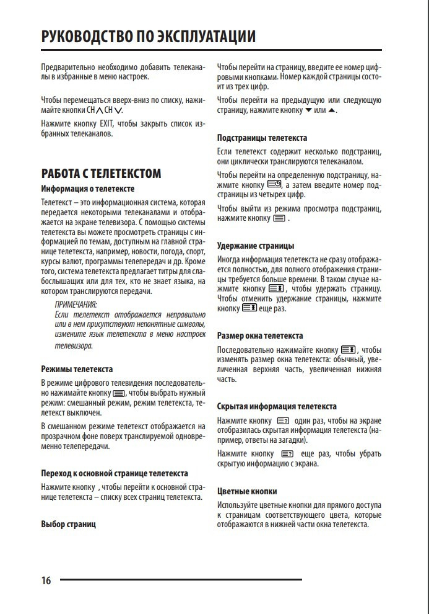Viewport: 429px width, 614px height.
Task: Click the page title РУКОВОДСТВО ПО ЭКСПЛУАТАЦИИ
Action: point(148,37)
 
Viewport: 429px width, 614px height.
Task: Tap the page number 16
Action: point(46,581)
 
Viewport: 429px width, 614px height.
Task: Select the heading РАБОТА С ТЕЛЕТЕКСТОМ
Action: point(101,174)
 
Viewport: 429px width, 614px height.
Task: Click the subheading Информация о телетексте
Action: point(87,189)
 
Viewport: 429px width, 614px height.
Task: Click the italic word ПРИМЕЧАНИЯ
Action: point(76,305)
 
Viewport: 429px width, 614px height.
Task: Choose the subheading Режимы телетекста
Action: point(77,368)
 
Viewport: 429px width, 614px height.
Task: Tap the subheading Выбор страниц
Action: point(68,524)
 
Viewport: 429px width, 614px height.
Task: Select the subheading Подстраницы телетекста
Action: point(262,138)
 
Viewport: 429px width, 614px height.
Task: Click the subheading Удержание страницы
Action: point(256,246)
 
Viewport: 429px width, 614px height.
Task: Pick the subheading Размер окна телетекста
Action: point(260,336)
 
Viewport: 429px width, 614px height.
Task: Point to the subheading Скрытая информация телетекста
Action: point(277,406)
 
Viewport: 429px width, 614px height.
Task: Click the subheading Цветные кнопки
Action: point(247,491)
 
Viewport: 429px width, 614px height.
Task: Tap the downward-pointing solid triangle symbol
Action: point(308,110)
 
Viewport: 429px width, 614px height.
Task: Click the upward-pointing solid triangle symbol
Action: point(332,110)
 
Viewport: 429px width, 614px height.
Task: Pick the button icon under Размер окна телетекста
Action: point(347,350)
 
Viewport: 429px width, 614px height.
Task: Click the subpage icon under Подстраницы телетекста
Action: point(275,185)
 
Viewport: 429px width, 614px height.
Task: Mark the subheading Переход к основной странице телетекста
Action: point(115,472)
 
